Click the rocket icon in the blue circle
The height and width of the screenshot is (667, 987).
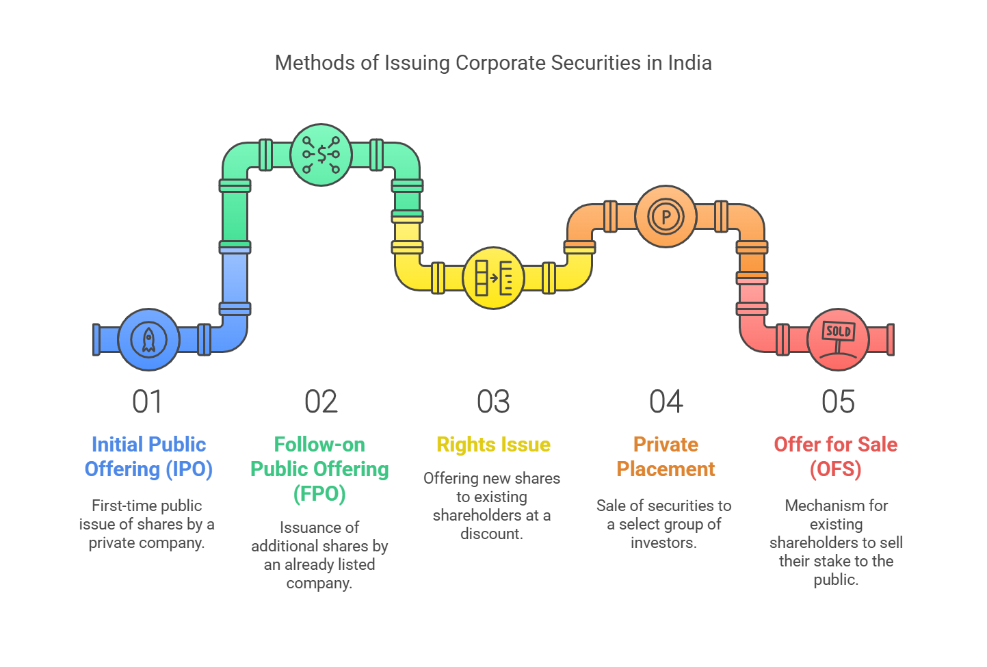click(x=149, y=340)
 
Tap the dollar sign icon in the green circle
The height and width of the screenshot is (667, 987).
click(x=321, y=155)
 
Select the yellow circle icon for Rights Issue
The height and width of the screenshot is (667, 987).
click(x=494, y=278)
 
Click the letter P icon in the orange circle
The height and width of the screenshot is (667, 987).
click(x=666, y=216)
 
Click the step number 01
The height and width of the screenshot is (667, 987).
click(x=147, y=402)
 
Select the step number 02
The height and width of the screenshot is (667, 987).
click(x=321, y=402)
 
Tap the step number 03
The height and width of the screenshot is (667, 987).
click(x=494, y=402)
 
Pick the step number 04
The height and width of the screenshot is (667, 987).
click(x=666, y=402)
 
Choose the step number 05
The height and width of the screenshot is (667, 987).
click(x=838, y=402)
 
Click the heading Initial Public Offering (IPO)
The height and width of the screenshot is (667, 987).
click(x=149, y=457)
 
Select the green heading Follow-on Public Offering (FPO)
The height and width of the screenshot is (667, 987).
click(x=320, y=469)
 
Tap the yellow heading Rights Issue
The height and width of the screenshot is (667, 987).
click(x=494, y=445)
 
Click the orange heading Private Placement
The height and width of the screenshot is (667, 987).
click(x=666, y=457)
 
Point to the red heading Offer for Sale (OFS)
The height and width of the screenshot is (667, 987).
click(x=836, y=457)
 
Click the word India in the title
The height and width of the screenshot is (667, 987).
click(x=689, y=63)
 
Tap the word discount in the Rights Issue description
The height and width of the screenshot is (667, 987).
click(x=492, y=534)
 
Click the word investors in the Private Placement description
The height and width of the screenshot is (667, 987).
click(x=663, y=542)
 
